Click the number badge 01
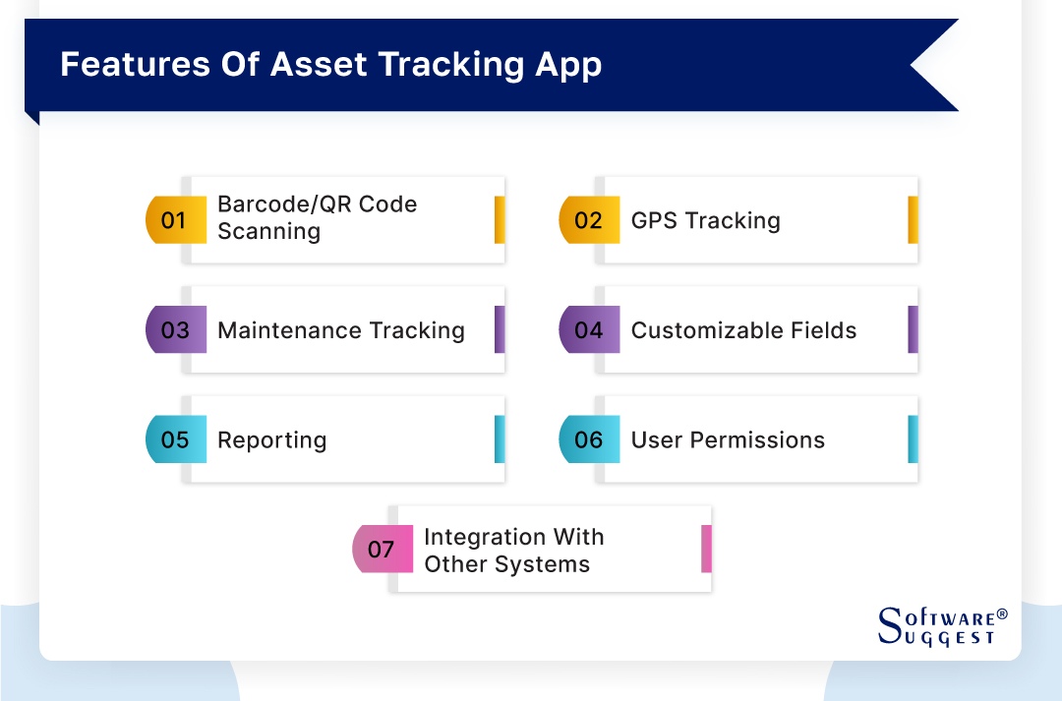coord(174,220)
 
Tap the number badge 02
coord(588,220)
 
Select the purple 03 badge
coord(174,329)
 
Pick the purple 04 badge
coord(588,329)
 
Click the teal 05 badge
coord(174,439)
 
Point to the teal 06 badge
coord(588,439)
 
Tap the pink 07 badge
coord(382,549)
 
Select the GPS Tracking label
coord(705,220)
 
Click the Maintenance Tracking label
coord(340,330)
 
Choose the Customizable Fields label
coord(743,330)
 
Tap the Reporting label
coord(271,440)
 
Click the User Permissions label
coord(728,439)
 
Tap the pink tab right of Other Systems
coord(706,549)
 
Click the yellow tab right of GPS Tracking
coord(913,220)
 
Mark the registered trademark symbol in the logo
coord(1002,613)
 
